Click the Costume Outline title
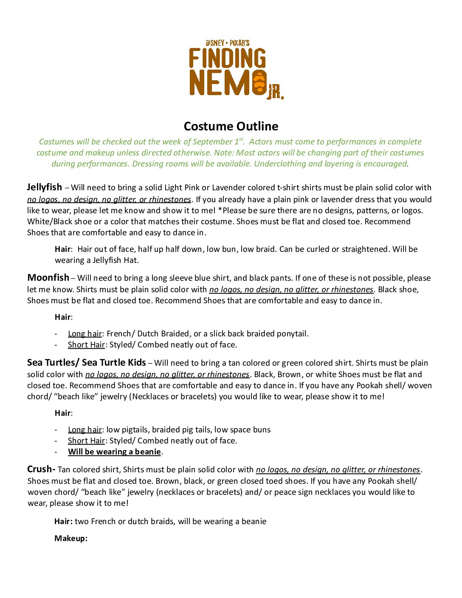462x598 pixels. tap(231, 126)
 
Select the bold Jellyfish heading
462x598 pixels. tap(45, 187)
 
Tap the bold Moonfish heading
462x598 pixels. tap(48, 278)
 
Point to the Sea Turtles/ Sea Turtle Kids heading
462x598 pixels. tap(86, 363)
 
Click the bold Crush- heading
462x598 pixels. tap(41, 469)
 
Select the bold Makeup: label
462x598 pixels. tap(71, 538)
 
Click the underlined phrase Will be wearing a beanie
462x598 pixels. tap(114, 451)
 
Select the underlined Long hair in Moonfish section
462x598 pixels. tap(85, 333)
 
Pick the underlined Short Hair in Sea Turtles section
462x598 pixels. tap(86, 440)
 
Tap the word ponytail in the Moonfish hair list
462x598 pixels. tap(292, 333)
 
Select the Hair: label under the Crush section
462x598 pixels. tap(63, 521)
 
